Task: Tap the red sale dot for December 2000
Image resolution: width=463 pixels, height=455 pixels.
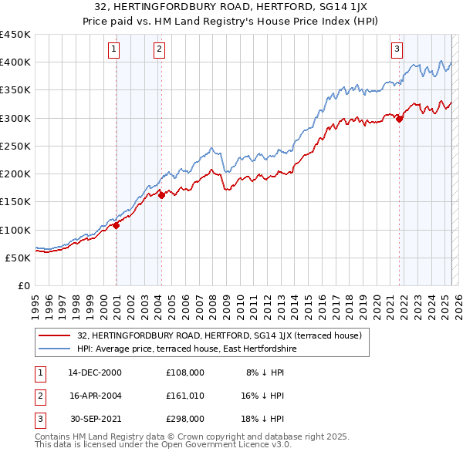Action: (x=116, y=225)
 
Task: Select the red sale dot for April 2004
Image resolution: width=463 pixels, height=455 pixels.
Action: (x=161, y=196)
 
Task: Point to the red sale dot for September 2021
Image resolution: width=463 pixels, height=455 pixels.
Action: (x=400, y=119)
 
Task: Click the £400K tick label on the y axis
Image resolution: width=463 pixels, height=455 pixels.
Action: (x=15, y=62)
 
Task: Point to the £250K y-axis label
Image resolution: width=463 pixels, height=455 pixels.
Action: (x=15, y=146)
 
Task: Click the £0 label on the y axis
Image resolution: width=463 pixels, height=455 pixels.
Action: (x=22, y=285)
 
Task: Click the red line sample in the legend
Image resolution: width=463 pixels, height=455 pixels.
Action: (x=54, y=335)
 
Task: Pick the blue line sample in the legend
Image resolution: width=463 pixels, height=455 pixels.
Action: (x=54, y=349)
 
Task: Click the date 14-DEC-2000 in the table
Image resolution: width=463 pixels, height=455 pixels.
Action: (x=95, y=372)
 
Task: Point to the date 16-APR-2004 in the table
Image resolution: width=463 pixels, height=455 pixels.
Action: (x=95, y=396)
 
